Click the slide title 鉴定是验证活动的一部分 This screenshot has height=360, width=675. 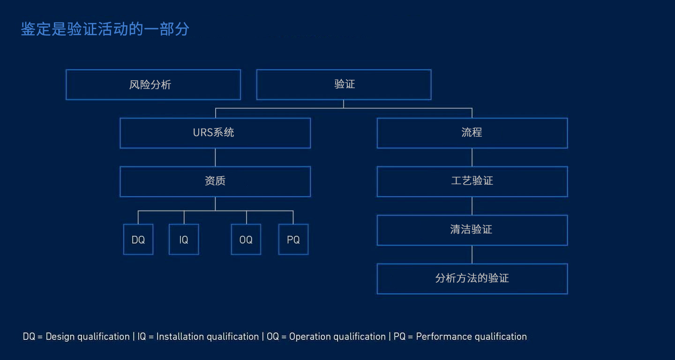coord(105,29)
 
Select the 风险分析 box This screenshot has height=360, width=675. coord(153,85)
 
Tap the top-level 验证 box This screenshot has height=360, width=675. coord(344,85)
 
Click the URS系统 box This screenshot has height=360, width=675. coord(215,133)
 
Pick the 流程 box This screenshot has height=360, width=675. coord(472,133)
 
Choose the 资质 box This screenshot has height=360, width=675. coord(215,181)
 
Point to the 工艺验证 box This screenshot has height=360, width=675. coord(472,181)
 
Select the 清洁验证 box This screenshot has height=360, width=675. coord(472,230)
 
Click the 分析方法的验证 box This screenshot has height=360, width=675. coord(472,279)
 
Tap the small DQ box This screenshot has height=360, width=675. coord(138,240)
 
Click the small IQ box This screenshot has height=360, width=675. coord(184,240)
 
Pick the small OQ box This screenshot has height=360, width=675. coord(246,240)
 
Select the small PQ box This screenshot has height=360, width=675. coord(293,240)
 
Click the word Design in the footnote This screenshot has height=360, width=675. coord(60,337)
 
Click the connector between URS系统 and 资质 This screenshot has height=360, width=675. coord(215,157)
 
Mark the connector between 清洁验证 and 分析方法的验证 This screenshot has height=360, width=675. coord(472,255)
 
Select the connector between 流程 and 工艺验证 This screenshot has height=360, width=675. coord(472,157)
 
